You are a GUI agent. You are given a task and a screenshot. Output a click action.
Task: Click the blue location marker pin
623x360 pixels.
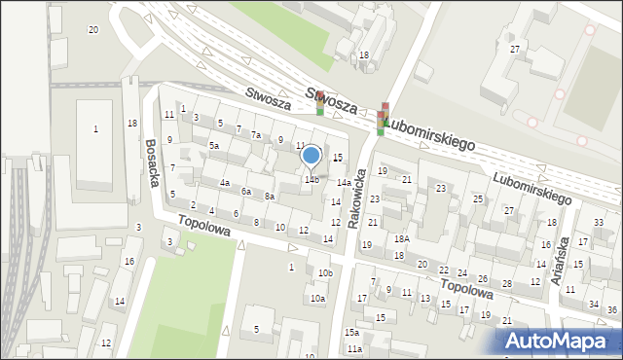pos(311,156)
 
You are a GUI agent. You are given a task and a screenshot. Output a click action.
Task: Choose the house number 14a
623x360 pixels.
pos(344,182)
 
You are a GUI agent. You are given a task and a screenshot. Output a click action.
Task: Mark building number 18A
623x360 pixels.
pos(401,238)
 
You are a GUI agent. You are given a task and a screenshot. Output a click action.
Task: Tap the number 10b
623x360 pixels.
pos(325,272)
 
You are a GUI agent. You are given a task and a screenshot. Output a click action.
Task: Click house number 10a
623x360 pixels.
pos(317,299)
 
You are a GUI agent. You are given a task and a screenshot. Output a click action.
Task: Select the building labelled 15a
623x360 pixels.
pos(351,332)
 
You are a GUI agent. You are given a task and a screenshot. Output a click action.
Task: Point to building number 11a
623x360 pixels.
pos(354,348)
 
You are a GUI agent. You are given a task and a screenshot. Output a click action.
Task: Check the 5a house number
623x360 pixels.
pos(214,145)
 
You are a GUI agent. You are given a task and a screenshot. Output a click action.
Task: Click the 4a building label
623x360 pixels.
pos(224,183)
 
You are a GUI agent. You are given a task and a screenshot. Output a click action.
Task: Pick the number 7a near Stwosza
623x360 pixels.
pos(256,134)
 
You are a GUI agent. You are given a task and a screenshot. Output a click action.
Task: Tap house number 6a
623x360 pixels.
pos(247,191)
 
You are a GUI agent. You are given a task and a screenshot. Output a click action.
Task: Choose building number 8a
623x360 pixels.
pos(270,197)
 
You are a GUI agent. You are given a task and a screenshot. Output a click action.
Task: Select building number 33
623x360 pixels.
pos(599,223)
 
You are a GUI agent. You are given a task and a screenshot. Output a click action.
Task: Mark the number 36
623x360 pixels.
pos(611,309)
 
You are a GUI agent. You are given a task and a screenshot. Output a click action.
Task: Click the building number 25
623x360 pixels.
pos(478,198)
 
